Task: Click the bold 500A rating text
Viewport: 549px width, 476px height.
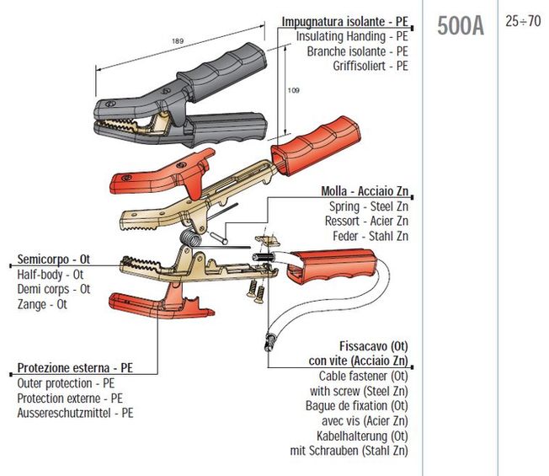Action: click(461, 27)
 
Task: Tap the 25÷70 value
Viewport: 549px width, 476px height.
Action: click(524, 22)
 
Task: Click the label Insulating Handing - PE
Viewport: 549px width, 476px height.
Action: click(353, 37)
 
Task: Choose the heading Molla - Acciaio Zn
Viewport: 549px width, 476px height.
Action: click(365, 191)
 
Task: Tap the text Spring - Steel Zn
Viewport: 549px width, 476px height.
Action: click(369, 206)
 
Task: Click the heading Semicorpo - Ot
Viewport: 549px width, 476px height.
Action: click(53, 259)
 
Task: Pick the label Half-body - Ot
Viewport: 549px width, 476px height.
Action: click(51, 274)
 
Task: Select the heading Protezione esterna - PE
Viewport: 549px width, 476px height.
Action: click(75, 368)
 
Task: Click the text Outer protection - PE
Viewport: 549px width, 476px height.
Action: click(66, 383)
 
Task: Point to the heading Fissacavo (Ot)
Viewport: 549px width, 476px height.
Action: click(374, 346)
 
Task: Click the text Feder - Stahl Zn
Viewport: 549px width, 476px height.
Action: click(370, 235)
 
